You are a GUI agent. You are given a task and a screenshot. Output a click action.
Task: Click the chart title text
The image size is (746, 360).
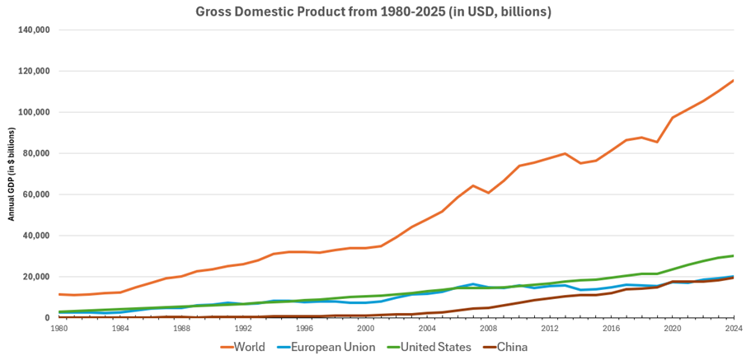(x=373, y=12)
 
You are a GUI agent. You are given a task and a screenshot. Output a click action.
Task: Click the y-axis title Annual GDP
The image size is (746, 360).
(x=12, y=174)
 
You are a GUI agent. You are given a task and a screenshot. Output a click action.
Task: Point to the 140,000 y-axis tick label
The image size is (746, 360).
(x=34, y=30)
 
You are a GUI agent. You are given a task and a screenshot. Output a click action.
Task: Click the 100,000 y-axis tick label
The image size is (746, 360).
(x=34, y=112)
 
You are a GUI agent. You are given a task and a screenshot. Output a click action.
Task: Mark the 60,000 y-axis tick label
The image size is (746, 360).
(x=36, y=194)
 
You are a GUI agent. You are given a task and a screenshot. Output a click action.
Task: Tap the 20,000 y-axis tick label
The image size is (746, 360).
(x=36, y=277)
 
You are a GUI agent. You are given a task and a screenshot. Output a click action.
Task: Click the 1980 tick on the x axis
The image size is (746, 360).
(x=59, y=328)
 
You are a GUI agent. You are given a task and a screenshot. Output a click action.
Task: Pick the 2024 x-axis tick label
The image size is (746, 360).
(x=733, y=328)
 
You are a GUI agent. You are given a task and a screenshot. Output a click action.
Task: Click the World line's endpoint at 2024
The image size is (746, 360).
(x=733, y=81)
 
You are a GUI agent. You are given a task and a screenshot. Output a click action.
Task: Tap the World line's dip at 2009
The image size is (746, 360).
(x=488, y=193)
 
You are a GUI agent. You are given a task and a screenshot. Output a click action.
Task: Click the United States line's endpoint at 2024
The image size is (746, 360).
(x=733, y=255)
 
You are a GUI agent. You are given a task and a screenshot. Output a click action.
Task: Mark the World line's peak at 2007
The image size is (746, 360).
(x=472, y=185)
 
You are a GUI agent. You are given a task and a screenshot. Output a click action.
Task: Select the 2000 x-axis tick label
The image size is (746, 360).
(x=366, y=328)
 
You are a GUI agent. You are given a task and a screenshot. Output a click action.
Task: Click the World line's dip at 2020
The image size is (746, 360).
(x=656, y=142)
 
